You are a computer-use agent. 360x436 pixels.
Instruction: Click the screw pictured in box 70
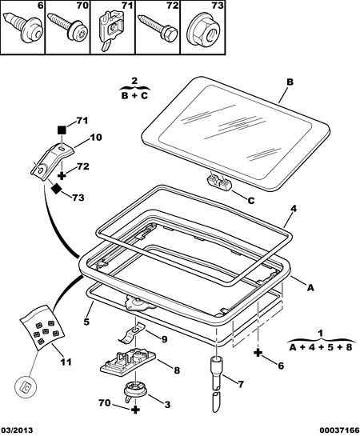click(68, 29)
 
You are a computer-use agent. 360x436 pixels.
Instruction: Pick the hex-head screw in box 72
click(158, 28)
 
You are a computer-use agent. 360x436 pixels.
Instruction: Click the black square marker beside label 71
click(62, 130)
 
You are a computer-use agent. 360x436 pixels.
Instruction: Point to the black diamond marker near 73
click(57, 189)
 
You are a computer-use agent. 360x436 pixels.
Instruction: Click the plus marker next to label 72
click(62, 175)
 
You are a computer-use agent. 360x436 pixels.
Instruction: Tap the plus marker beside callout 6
click(258, 353)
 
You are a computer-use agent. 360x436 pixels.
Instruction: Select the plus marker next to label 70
click(135, 410)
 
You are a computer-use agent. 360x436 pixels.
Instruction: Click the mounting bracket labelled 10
click(51, 161)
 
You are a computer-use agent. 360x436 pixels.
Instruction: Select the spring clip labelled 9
click(131, 333)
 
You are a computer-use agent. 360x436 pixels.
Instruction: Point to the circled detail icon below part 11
click(26, 386)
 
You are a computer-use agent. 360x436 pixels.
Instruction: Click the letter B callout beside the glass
click(290, 82)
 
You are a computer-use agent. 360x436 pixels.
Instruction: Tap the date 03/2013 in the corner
click(18, 430)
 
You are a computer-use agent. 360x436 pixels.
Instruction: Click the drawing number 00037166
click(339, 430)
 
